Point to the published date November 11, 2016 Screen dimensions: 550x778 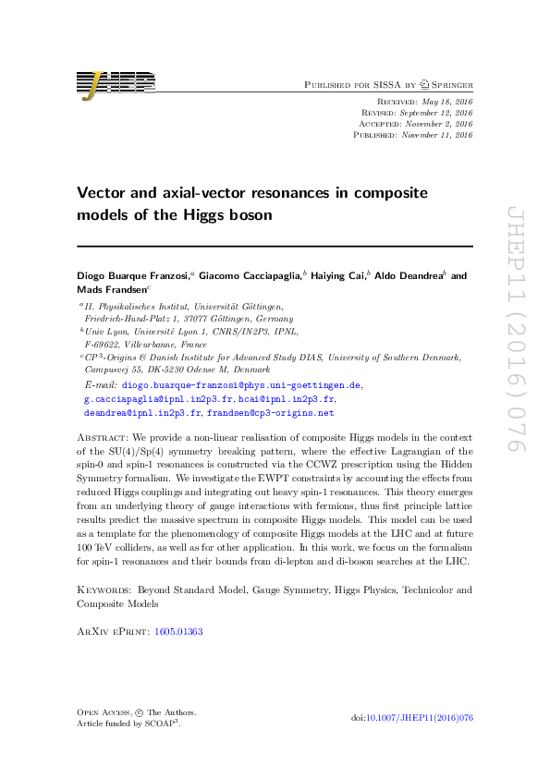[x=439, y=135]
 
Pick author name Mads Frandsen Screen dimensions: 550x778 [x=110, y=288]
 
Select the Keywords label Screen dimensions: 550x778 [x=103, y=589]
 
